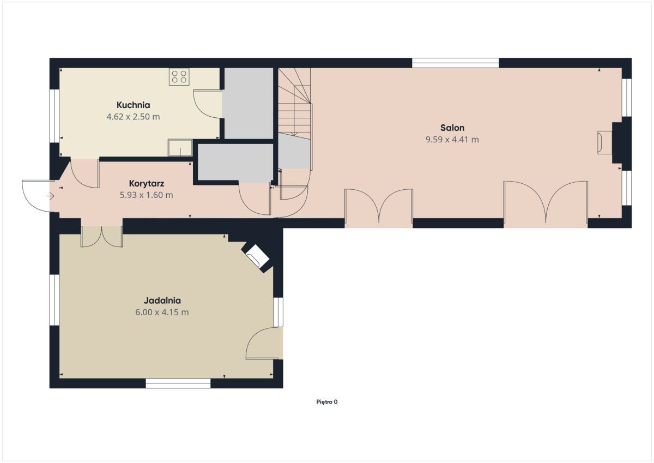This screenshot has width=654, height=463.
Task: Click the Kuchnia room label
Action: click(x=133, y=105)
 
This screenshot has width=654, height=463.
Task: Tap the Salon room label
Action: click(x=452, y=128)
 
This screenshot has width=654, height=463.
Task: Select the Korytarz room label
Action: click(x=146, y=184)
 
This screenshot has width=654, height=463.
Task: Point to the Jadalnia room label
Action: click(x=162, y=300)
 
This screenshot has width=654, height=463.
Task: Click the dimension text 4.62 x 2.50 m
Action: click(x=133, y=117)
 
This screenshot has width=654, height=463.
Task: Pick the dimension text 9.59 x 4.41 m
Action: click(x=452, y=140)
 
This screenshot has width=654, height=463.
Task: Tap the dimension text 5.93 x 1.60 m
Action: click(x=146, y=195)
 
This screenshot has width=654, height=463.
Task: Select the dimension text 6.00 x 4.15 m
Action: click(x=162, y=312)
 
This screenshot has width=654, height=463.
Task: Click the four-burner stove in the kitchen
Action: click(x=179, y=76)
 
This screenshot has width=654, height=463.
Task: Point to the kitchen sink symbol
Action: click(x=180, y=148)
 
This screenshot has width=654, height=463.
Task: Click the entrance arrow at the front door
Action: click(x=50, y=196)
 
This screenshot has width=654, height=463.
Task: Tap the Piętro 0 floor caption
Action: click(x=326, y=402)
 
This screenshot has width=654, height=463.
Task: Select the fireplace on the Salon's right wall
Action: click(x=604, y=142)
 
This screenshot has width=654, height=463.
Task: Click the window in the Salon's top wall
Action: click(x=456, y=63)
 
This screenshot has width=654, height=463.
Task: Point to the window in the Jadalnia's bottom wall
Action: click(x=178, y=383)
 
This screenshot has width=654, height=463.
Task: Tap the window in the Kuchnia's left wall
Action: click(x=55, y=116)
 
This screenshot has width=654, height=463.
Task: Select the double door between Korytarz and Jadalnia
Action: click(x=101, y=236)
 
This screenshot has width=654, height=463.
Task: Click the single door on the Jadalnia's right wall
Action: click(x=264, y=343)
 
